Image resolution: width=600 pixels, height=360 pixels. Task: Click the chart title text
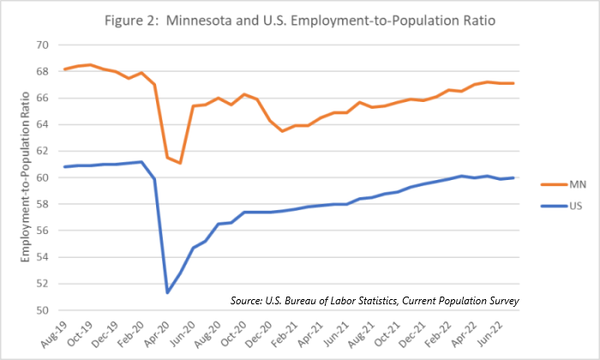[x=300, y=18]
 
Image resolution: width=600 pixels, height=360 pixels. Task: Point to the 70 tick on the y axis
[x=42, y=45]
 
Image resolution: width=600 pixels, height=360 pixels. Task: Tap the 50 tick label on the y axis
[x=42, y=310]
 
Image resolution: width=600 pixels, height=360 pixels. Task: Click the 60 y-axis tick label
[x=42, y=177]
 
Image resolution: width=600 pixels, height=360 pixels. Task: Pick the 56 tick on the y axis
[x=42, y=231]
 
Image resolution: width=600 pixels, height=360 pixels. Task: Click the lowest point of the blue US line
[x=167, y=292]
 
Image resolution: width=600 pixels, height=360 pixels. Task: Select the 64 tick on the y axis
[x=42, y=124]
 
